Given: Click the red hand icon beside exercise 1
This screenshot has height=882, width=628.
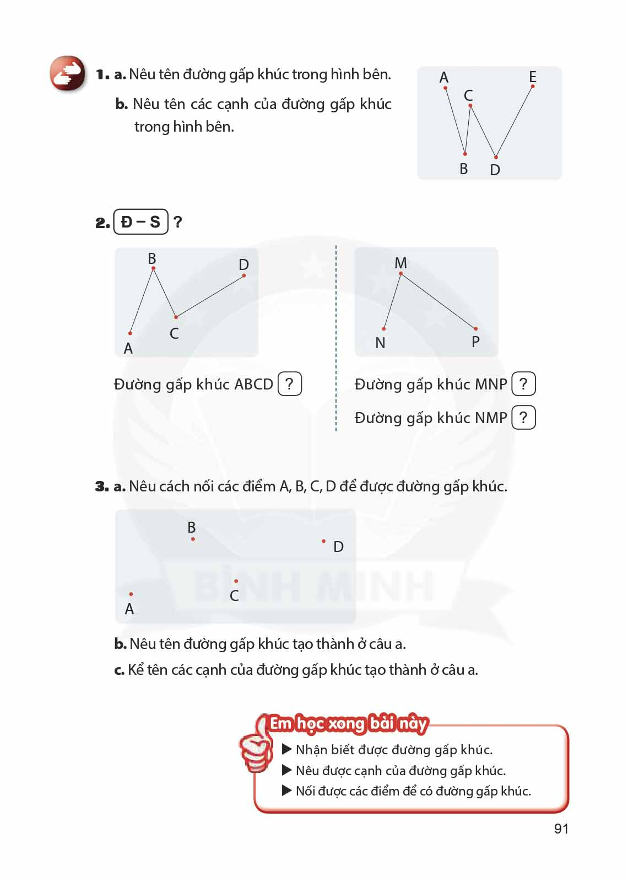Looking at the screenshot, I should pos(67,73).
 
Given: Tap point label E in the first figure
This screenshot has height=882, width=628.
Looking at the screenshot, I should pos(532,77).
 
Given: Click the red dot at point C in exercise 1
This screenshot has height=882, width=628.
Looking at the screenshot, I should pos(470,105).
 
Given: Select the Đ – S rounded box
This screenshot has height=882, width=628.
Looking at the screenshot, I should pos(140,222).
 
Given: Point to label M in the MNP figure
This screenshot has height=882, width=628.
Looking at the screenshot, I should pos(400,263).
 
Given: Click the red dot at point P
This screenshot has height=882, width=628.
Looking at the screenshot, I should pos(476,329).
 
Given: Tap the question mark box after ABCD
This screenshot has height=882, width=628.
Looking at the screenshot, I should pos(290,384).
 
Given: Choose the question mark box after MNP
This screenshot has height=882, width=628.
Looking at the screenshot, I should pos(523,384).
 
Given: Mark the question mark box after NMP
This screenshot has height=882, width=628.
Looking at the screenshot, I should pos(523,418).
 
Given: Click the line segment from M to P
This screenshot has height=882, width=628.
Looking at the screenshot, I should pos(438,301).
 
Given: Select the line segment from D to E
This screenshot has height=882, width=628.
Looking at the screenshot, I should pos(515,122).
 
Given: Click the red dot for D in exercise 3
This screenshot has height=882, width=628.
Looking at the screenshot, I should pos(323,542).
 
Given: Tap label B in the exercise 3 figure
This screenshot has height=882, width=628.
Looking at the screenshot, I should pos(192,527).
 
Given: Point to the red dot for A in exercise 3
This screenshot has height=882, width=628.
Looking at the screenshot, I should pos(131,594).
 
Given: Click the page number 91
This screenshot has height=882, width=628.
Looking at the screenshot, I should pos(561,829).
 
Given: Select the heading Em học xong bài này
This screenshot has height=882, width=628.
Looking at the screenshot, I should pos(348,723).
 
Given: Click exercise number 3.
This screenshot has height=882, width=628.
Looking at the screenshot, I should pos(101,486).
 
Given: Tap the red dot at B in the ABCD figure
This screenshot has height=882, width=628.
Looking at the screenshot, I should pos(153,268).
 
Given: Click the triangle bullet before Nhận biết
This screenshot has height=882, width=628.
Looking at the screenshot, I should pos(286,749).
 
